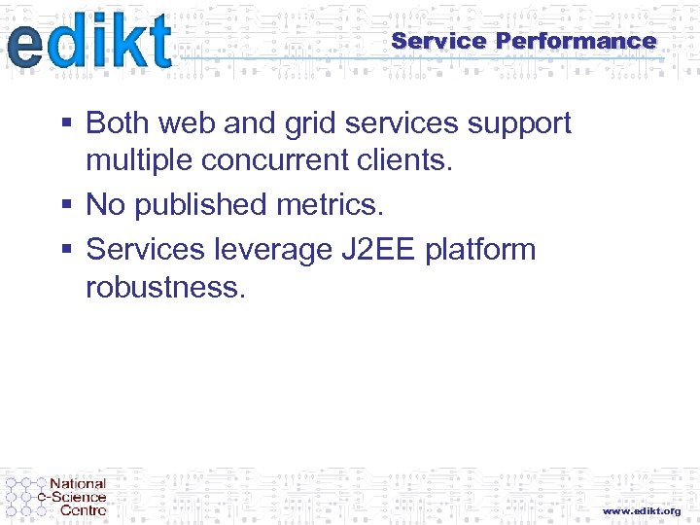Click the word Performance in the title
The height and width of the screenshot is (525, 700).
pos(576,41)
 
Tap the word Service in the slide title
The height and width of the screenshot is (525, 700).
pos(437,41)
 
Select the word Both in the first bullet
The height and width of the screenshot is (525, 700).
pos(118,123)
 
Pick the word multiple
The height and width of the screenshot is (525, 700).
pos(140,161)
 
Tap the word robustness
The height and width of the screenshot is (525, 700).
pos(165,287)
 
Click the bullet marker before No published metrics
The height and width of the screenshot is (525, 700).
pos(66,206)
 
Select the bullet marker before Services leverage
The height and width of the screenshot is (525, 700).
pos(66,251)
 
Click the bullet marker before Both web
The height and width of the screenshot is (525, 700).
pos(66,124)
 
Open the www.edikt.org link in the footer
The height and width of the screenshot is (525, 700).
pos(641,510)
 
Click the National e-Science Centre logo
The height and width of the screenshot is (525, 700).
pos(56,496)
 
